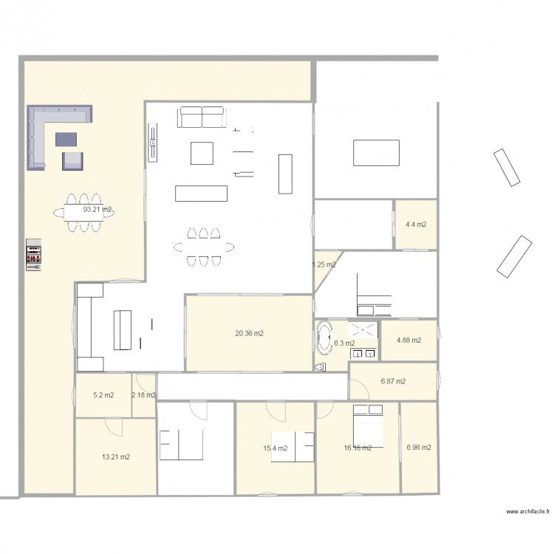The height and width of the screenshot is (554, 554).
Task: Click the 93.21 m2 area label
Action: point(98,210)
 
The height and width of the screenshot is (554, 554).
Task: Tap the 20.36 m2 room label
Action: point(249,333)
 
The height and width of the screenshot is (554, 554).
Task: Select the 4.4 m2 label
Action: point(416,225)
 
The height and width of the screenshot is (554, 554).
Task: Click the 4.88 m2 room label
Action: point(408,341)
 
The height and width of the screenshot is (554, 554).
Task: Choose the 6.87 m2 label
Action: point(393,382)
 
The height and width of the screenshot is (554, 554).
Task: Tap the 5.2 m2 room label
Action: point(103,395)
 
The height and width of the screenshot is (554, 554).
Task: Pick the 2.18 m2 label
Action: point(143,395)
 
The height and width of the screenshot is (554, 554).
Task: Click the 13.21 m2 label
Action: point(115,457)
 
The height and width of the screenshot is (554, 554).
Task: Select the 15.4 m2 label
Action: point(274,448)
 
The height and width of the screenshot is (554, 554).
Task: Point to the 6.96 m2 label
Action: point(419,447)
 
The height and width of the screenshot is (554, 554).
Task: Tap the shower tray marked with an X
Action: point(363,331)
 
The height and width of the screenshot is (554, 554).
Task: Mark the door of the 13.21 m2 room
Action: point(112,425)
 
